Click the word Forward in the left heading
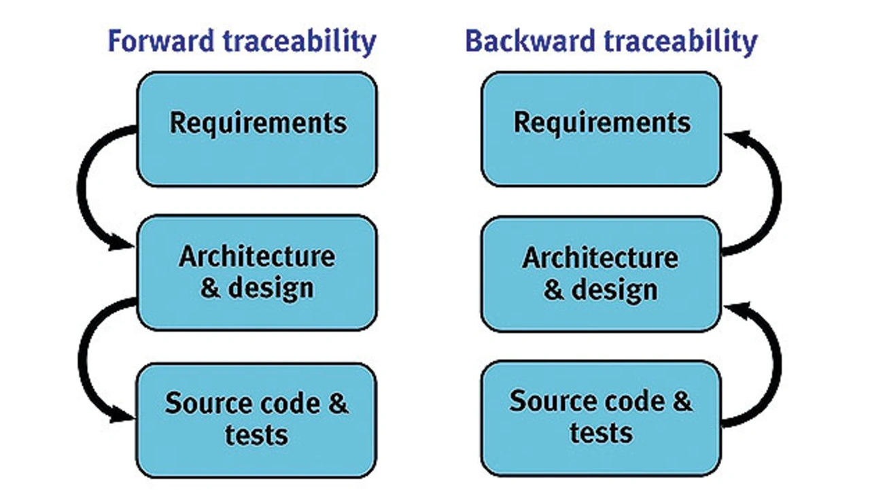pos(161,41)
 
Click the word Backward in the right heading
pos(529,41)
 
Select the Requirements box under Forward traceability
pos(257,129)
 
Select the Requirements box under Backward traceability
pos(602,129)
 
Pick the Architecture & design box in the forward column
pos(257,273)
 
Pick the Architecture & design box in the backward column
pos(602,274)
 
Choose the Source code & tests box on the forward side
pos(256,421)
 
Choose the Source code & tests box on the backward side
pos(602,419)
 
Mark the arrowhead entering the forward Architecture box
pos(121,243)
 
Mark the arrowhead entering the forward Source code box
pos(122,415)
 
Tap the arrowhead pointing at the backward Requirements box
pos(737,137)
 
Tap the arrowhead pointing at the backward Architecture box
pos(737,310)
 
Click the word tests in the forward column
pos(256,435)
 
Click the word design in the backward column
pos(614,290)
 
